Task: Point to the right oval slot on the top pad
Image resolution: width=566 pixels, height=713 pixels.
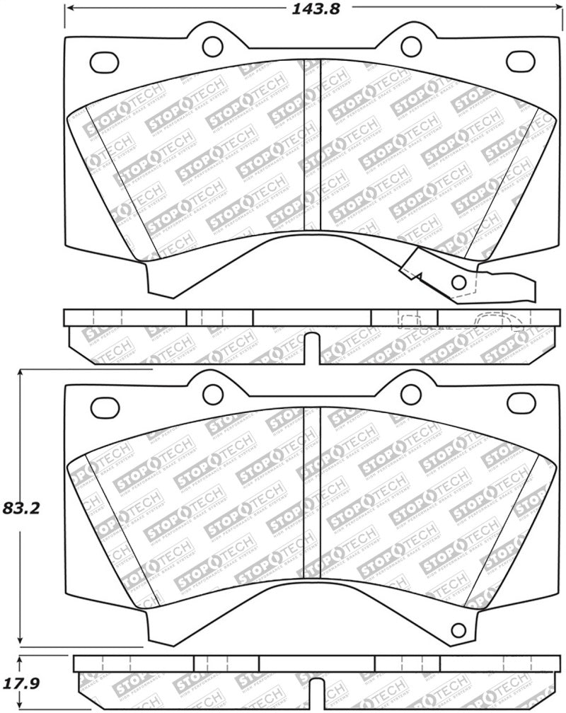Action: [520, 59]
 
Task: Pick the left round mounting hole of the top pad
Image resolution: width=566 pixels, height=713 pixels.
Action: [212, 47]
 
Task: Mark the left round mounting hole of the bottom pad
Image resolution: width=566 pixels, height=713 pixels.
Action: [212, 393]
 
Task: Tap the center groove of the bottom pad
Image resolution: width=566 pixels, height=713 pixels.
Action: [312, 492]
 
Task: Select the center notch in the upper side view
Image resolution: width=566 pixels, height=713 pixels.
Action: [312, 348]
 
